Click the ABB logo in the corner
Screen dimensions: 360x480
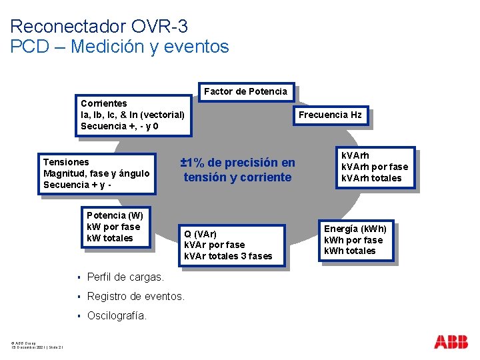click(x=451, y=342)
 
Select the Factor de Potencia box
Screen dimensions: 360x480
click(x=245, y=91)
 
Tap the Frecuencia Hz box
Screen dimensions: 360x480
click(x=330, y=115)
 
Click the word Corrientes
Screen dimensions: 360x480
click(x=103, y=103)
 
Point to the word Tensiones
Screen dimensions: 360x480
click(x=66, y=162)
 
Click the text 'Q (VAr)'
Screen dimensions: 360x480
click(x=200, y=233)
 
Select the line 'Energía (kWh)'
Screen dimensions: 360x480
click(x=355, y=229)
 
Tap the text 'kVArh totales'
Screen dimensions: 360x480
click(x=371, y=178)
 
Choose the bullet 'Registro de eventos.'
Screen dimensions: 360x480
click(x=136, y=296)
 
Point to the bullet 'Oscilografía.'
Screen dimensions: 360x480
click(x=117, y=315)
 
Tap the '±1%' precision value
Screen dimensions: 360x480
click(x=194, y=163)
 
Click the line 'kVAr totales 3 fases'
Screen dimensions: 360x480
click(x=228, y=256)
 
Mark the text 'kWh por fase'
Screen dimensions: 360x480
click(x=353, y=240)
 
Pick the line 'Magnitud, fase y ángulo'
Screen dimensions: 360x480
click(x=96, y=173)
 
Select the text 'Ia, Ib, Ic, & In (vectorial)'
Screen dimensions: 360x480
click(x=133, y=115)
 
